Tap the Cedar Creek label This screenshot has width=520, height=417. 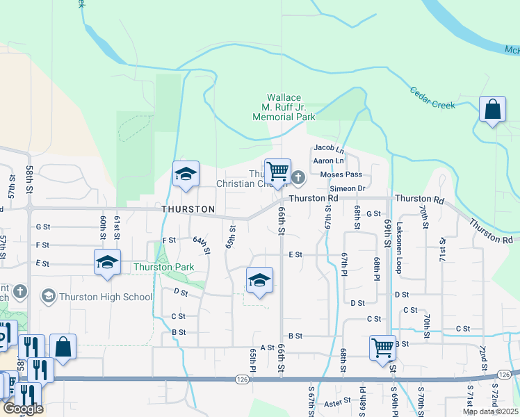pyautogui.click(x=432, y=97)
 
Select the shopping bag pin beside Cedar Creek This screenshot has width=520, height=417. pyautogui.click(x=493, y=111)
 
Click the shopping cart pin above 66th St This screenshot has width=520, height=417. pyautogui.click(x=277, y=172)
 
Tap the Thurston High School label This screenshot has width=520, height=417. pyautogui.click(x=106, y=297)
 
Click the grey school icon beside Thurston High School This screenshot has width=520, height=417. pyautogui.click(x=49, y=297)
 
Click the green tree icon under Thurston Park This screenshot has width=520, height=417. pyautogui.click(x=165, y=267)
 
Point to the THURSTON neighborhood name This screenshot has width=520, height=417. pyautogui.click(x=188, y=209)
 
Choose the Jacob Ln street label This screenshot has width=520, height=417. pyautogui.click(x=329, y=148)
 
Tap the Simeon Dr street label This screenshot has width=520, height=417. pyautogui.click(x=348, y=188)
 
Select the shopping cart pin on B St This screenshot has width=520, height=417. pyautogui.click(x=382, y=350)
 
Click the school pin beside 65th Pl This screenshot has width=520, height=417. pyautogui.click(x=259, y=281)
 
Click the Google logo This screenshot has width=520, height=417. pyautogui.click(x=22, y=409)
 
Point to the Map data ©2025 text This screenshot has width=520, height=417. pyautogui.click(x=490, y=411)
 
